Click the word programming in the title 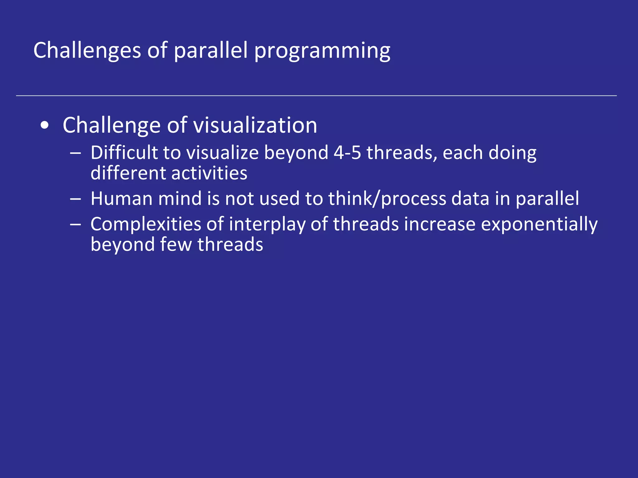click(322, 50)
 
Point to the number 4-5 click(347, 153)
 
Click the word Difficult click(124, 153)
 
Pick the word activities click(209, 173)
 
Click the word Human click(121, 199)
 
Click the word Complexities click(146, 224)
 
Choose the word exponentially click(539, 224)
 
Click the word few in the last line click(176, 244)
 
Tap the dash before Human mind click(76, 199)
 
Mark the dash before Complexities click(76, 224)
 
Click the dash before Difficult click(76, 153)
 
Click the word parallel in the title click(211, 50)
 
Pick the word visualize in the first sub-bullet click(222, 153)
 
